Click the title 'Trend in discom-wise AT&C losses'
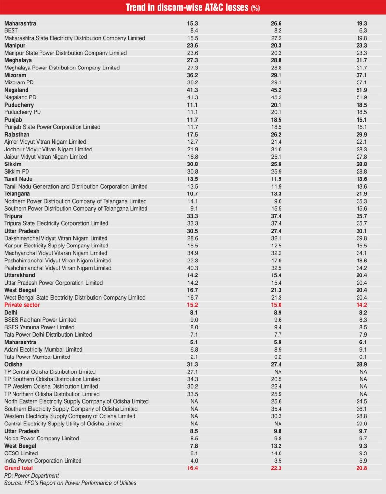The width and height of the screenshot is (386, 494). (x=186, y=8)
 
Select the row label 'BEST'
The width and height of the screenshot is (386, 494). (x=11, y=30)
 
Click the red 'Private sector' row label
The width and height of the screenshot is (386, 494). (x=22, y=305)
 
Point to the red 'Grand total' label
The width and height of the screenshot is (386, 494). (x=19, y=468)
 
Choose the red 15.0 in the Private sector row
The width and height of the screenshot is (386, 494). (x=277, y=305)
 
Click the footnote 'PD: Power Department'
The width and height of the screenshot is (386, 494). (x=32, y=476)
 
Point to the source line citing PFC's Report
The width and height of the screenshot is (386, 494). (x=70, y=483)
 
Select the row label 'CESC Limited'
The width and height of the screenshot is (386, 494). (x=21, y=453)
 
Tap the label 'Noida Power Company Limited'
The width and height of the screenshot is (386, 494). (x=41, y=439)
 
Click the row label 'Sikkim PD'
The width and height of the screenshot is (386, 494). (x=18, y=171)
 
